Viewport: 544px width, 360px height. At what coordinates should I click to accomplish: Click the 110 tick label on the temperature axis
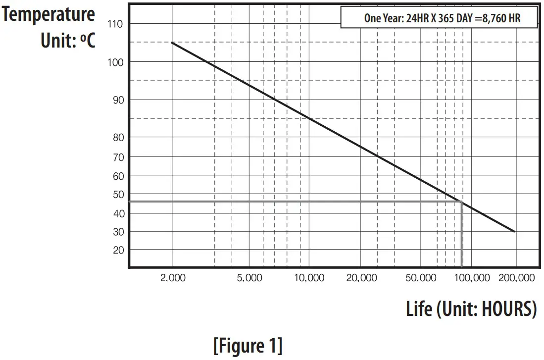click(x=115, y=24)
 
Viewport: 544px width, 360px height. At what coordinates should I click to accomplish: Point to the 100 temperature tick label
click(x=115, y=62)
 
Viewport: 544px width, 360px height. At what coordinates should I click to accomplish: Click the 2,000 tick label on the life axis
click(x=173, y=278)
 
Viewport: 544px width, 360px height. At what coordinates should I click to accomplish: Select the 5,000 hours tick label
click(x=249, y=278)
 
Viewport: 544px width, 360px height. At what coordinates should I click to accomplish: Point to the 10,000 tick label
click(x=308, y=278)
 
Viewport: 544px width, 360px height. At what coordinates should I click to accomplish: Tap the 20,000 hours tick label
click(x=361, y=278)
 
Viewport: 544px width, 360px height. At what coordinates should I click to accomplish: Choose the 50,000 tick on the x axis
click(x=421, y=278)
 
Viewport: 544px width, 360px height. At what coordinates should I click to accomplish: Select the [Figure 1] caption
click(x=248, y=345)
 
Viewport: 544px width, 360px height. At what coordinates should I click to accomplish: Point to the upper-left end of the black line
click(x=172, y=43)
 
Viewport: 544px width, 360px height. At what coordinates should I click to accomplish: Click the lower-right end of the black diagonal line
click(x=515, y=231)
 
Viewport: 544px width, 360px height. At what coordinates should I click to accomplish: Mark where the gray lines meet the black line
click(x=462, y=202)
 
